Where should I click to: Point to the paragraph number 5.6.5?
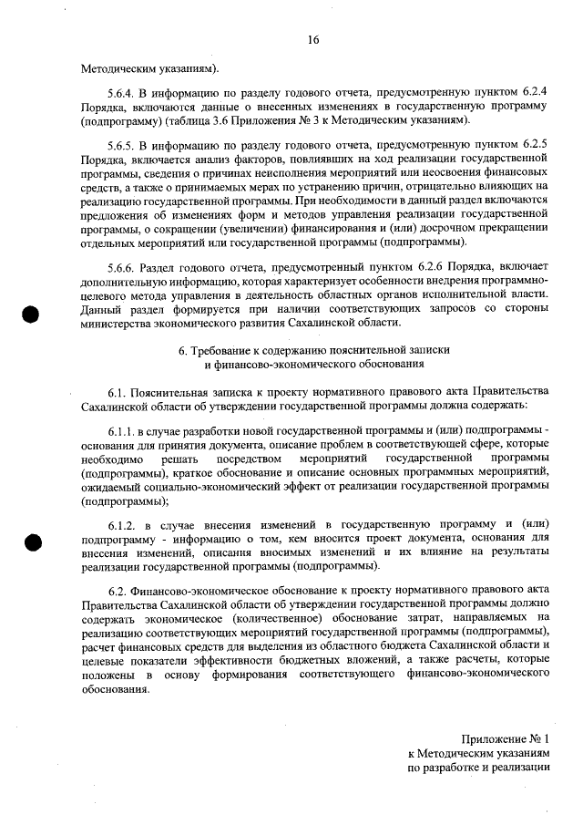(x=122, y=146)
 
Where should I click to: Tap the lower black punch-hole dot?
(x=31, y=542)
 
